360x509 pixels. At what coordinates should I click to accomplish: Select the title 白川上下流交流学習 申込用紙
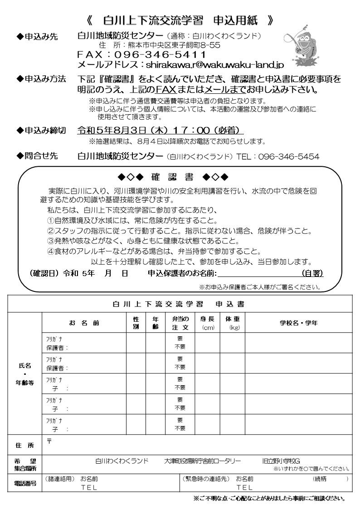[180, 20]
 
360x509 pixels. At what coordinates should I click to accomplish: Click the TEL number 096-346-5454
[288, 157]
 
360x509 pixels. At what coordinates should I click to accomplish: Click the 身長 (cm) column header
[207, 323]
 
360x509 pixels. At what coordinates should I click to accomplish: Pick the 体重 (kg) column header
[232, 323]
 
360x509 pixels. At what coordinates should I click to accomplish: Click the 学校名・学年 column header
[298, 323]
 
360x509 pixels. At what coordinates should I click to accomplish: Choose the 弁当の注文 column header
[180, 323]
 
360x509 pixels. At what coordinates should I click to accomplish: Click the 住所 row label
[25, 446]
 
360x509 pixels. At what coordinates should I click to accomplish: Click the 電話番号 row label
[25, 483]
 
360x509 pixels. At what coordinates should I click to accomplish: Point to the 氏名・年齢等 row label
[25, 373]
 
